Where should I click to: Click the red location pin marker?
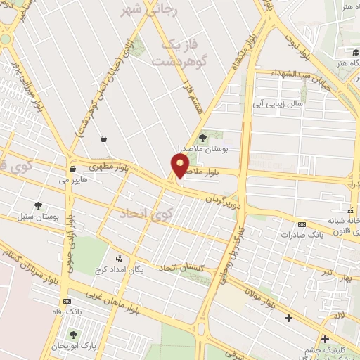pyautogui.click(x=180, y=166)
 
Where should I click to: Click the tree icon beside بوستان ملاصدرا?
pyautogui.click(x=203, y=138)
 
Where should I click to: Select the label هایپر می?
pyautogui.click(x=72, y=180)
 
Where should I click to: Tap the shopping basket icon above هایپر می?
pyautogui.click(x=73, y=169)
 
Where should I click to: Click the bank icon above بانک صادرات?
pyautogui.click(x=302, y=224)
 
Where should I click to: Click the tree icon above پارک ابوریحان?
pyautogui.click(x=73, y=335)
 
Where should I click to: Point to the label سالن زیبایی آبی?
pyautogui.click(x=278, y=103)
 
